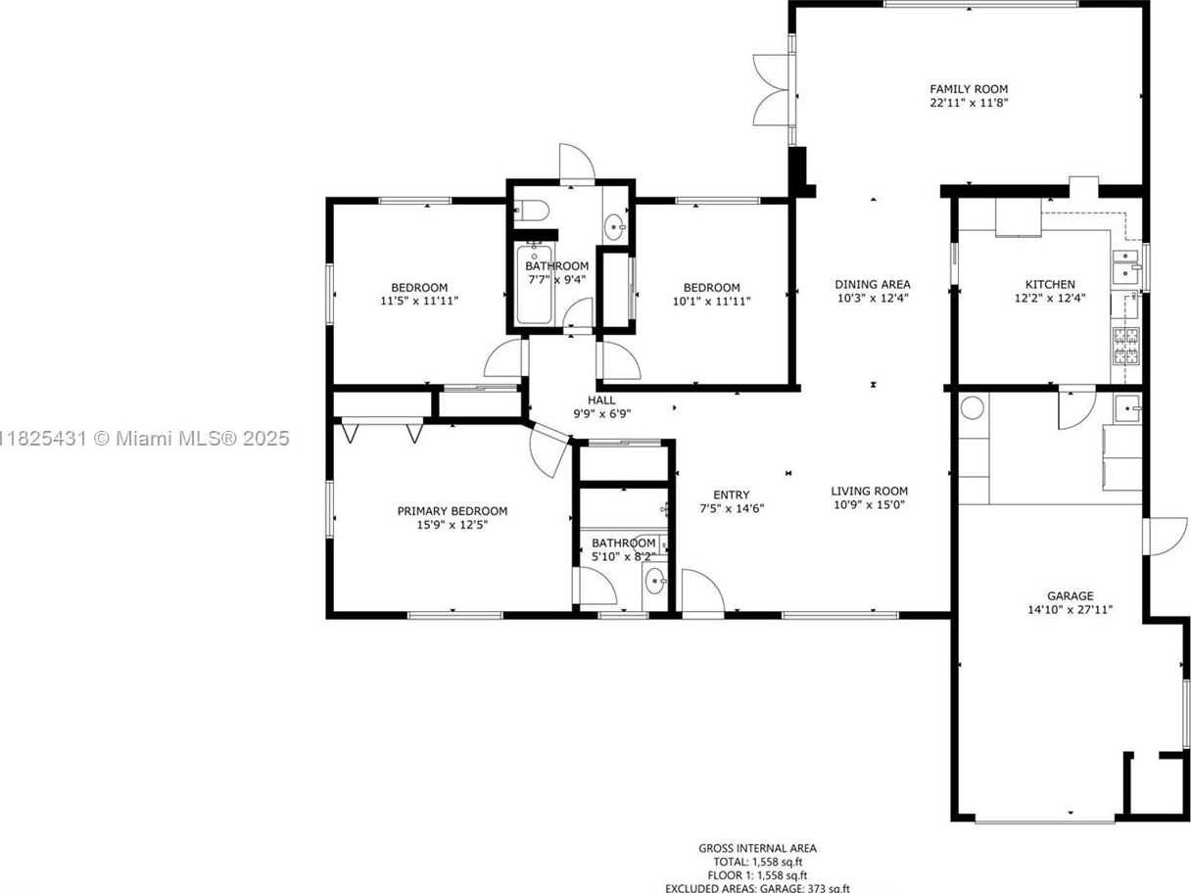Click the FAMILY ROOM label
pyautogui.click(x=969, y=89)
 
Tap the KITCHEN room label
pyautogui.click(x=1050, y=284)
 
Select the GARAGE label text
pyautogui.click(x=1070, y=596)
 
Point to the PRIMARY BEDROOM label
pyautogui.click(x=452, y=511)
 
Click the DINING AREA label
pyautogui.click(x=873, y=284)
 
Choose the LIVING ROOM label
pyautogui.click(x=869, y=492)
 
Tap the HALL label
pyautogui.click(x=601, y=400)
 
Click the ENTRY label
pyautogui.click(x=731, y=494)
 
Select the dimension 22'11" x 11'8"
pyautogui.click(x=969, y=103)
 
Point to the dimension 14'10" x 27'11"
pyautogui.click(x=1070, y=609)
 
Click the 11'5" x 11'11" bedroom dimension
pyautogui.click(x=419, y=301)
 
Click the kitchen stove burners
pyautogui.click(x=1126, y=346)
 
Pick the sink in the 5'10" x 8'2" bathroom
pyautogui.click(x=655, y=583)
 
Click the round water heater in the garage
pyautogui.click(x=973, y=407)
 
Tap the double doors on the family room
pyautogui.click(x=772, y=90)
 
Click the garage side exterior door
pyautogui.click(x=1164, y=537)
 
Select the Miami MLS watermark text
pyautogui.click(x=144, y=438)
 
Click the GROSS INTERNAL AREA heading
pyautogui.click(x=757, y=848)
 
